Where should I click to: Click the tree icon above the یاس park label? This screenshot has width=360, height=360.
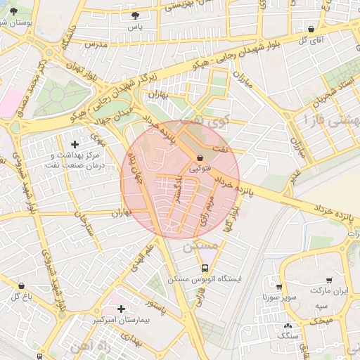click(135, 15)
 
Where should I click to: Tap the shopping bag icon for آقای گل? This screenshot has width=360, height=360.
click(311, 29)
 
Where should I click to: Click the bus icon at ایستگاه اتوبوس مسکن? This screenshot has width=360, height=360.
click(205, 268)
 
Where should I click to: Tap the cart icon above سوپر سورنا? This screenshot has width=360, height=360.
click(279, 287)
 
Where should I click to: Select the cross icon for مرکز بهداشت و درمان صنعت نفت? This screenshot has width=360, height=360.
click(75, 144)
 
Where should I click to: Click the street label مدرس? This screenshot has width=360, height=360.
click(95, 44)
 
